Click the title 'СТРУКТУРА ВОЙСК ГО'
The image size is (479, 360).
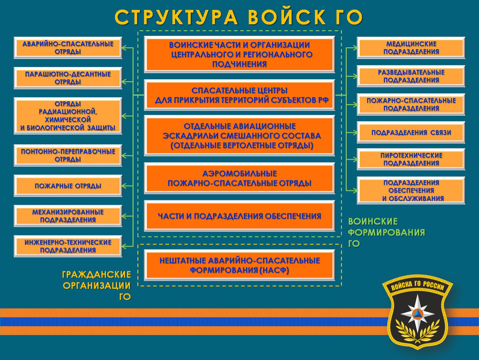click(x=239, y=17)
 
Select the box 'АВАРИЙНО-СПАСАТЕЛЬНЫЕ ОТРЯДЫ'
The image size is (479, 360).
click(x=68, y=47)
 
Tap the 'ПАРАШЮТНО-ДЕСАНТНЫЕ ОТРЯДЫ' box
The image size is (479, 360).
click(x=68, y=78)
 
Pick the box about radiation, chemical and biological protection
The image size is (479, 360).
click(x=68, y=116)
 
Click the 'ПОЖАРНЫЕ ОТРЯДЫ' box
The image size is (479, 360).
click(x=68, y=186)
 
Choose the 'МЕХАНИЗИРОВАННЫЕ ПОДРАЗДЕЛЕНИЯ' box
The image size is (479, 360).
click(x=68, y=216)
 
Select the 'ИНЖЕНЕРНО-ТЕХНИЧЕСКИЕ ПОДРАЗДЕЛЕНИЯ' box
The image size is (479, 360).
click(x=68, y=246)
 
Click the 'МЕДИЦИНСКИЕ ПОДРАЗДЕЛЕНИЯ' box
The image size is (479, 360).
click(x=411, y=47)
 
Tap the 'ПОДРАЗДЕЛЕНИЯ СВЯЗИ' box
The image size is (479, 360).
click(x=411, y=132)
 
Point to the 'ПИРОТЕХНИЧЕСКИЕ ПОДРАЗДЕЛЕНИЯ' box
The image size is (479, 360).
click(x=411, y=159)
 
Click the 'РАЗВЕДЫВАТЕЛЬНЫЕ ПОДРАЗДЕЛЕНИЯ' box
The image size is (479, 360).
click(x=411, y=76)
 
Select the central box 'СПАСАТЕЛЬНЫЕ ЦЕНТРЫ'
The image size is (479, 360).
click(x=239, y=95)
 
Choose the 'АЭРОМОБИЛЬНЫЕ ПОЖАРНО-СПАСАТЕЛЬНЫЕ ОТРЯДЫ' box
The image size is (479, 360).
click(x=239, y=178)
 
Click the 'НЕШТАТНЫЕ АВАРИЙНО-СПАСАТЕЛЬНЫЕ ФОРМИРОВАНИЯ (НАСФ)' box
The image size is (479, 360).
click(x=239, y=265)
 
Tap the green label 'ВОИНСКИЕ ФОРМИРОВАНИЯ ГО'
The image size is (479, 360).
click(x=387, y=232)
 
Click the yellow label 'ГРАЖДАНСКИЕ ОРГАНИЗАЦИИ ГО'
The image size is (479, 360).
click(x=97, y=285)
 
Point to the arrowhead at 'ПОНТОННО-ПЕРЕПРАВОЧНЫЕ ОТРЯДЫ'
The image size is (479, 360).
click(x=125, y=155)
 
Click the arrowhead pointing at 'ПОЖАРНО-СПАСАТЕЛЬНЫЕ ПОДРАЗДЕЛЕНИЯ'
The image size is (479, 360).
click(x=354, y=105)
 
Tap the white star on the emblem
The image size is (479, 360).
click(x=417, y=313)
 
